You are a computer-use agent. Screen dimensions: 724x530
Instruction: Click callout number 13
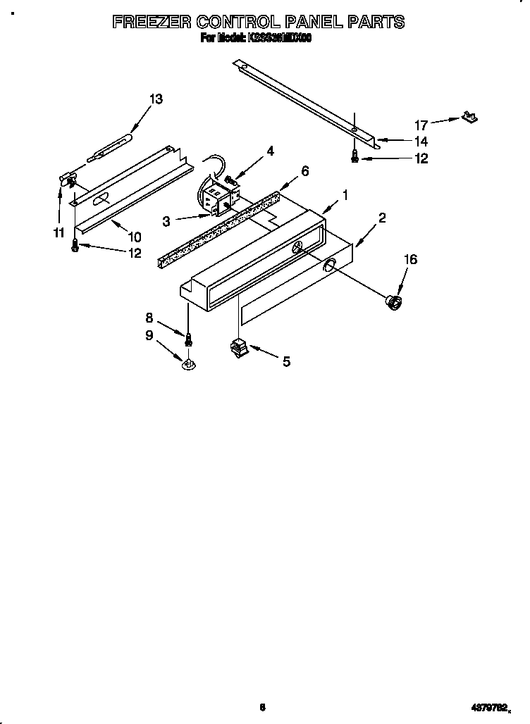click(156, 99)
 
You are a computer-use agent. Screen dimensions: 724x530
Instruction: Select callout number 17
click(421, 125)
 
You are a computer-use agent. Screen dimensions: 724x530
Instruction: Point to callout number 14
click(421, 142)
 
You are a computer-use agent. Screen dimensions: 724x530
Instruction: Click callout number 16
click(410, 259)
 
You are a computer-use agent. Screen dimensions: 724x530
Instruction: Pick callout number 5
click(286, 362)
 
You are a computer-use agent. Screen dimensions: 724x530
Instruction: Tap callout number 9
click(149, 335)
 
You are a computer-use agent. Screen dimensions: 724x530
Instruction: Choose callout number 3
click(166, 221)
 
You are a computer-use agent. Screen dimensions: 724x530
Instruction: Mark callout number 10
click(135, 237)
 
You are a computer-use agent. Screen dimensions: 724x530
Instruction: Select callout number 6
click(304, 170)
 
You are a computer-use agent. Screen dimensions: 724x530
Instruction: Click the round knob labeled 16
click(394, 302)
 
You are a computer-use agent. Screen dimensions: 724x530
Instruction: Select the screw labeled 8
click(188, 339)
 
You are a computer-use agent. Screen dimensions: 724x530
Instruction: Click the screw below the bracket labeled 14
click(355, 158)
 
